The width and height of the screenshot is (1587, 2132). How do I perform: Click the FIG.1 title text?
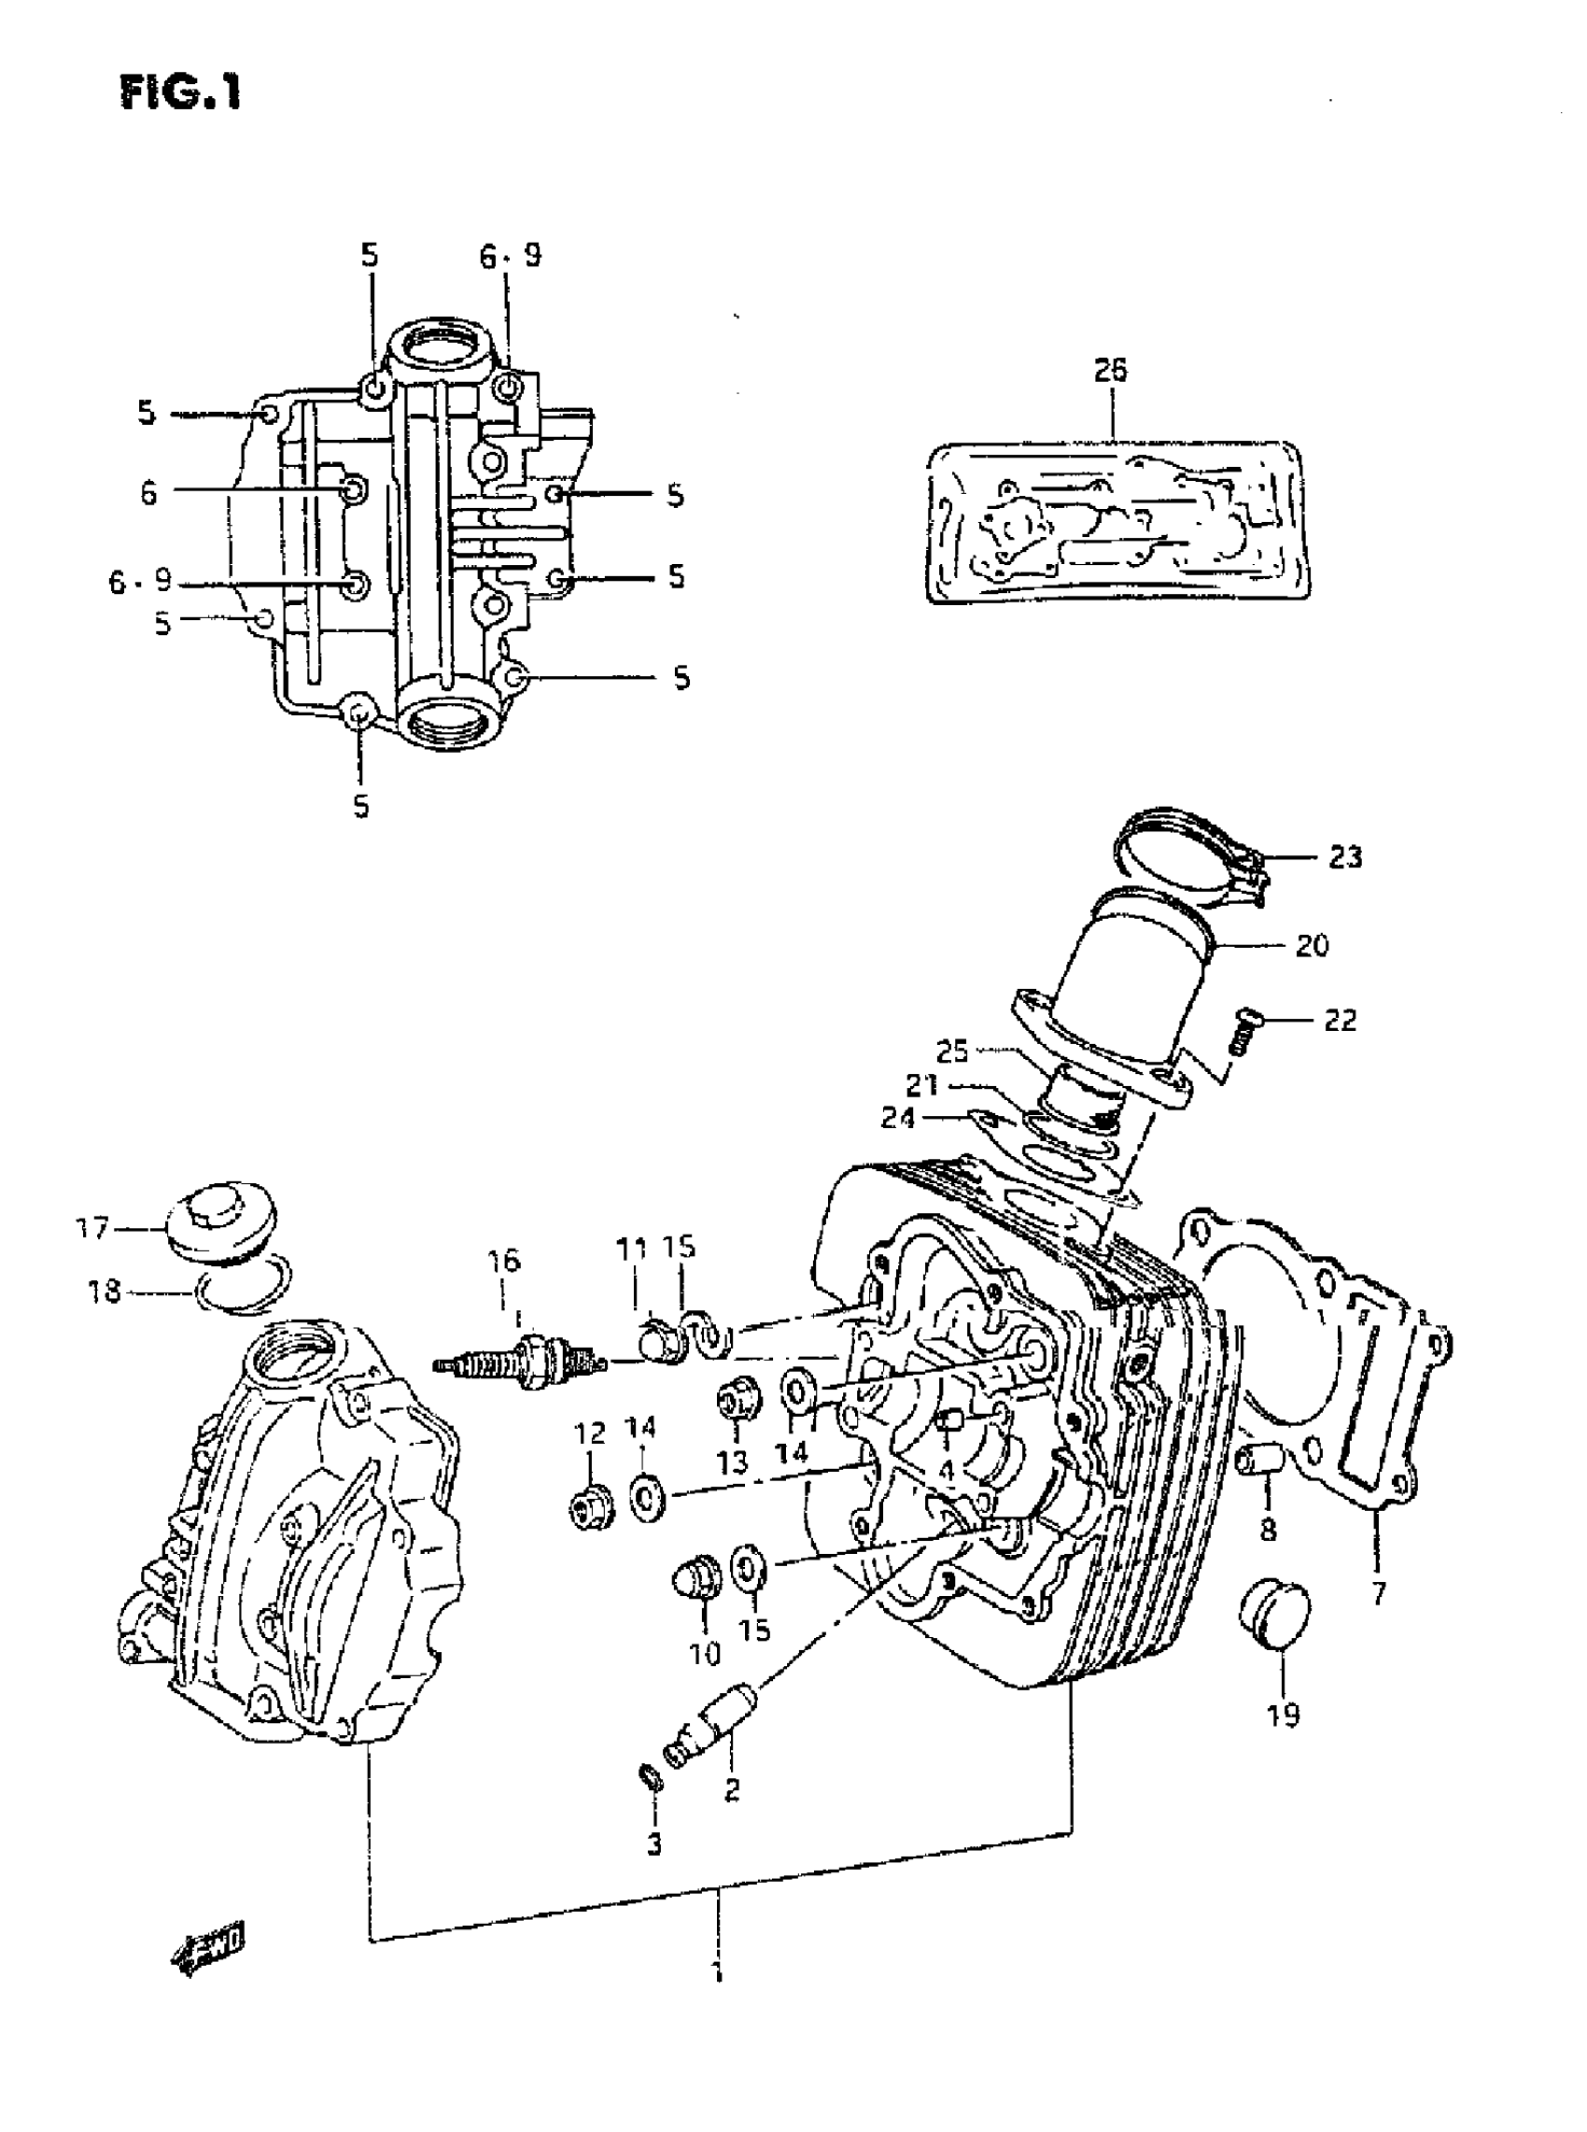click(180, 93)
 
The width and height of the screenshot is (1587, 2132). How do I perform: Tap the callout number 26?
click(1111, 370)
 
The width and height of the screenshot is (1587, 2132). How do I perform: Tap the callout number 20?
click(1312, 945)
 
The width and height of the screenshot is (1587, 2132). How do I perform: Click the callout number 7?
click(1379, 1595)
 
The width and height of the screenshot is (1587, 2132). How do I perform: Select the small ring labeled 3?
click(652, 1776)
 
